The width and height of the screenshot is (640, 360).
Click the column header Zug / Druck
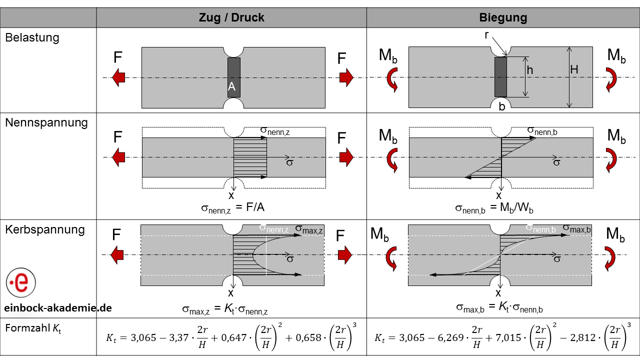pos(231,18)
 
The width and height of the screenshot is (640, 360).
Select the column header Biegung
pos(503,18)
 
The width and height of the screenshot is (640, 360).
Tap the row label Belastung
pos(32,38)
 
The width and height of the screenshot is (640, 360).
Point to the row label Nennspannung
pos(46,122)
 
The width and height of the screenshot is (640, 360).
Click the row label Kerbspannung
pos(45,230)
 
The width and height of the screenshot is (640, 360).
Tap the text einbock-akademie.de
pos(58,308)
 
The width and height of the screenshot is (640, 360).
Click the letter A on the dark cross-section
pos(231,86)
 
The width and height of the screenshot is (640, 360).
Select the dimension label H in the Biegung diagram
pos(574,70)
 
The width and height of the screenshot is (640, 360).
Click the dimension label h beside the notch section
pos(529,70)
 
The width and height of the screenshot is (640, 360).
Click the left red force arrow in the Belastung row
pos(118,77)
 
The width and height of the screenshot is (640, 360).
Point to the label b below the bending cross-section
pos(501,106)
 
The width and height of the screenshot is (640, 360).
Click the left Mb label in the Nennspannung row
pos(388,136)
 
